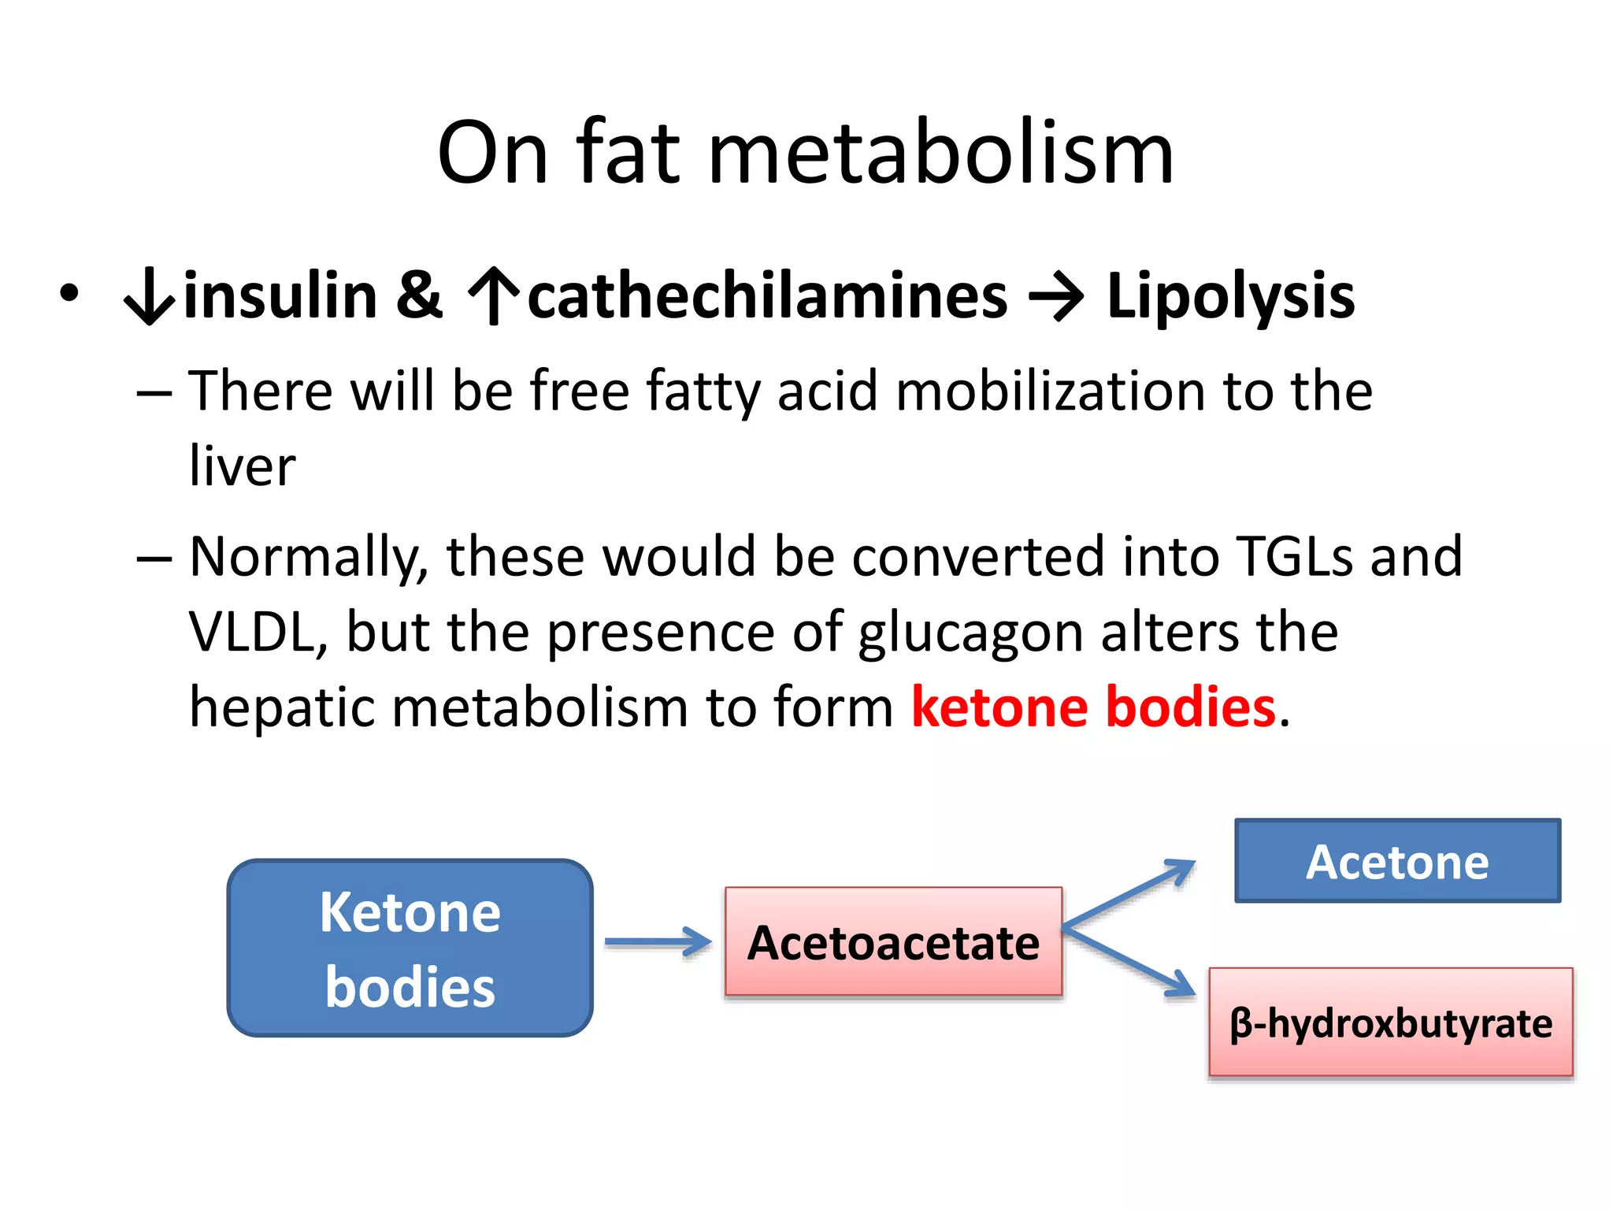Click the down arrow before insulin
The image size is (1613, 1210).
pos(149,298)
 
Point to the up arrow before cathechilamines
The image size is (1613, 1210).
pos(494,296)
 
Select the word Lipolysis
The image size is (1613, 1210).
pos(1230,298)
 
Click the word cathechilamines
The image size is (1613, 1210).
pos(767,296)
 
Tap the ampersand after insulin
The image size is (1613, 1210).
pos(419,296)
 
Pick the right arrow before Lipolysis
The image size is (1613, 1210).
pos(1056,298)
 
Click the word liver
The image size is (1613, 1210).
pos(243,466)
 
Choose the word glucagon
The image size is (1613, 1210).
pos(970,633)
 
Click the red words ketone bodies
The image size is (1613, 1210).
pos(1093,707)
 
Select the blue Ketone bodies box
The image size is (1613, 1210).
pos(410,948)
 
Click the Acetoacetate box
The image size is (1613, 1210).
pos(893,942)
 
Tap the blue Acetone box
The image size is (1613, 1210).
pos(1397,861)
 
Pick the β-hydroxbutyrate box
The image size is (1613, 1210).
pos(1391,1023)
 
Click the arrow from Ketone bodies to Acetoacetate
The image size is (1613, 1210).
pos(658,942)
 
